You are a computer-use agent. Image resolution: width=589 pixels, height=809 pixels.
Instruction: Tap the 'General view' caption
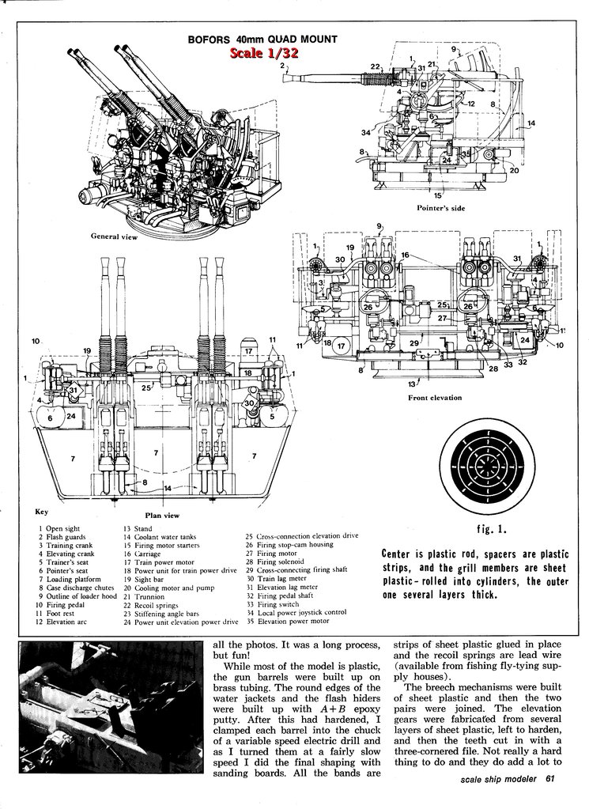tap(114, 236)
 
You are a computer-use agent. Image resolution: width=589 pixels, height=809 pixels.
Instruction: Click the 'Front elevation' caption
tap(435, 398)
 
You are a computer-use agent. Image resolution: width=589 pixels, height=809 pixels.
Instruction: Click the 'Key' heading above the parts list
tap(43, 512)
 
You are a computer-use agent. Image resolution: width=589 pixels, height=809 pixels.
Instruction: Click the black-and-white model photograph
tap(111, 711)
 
